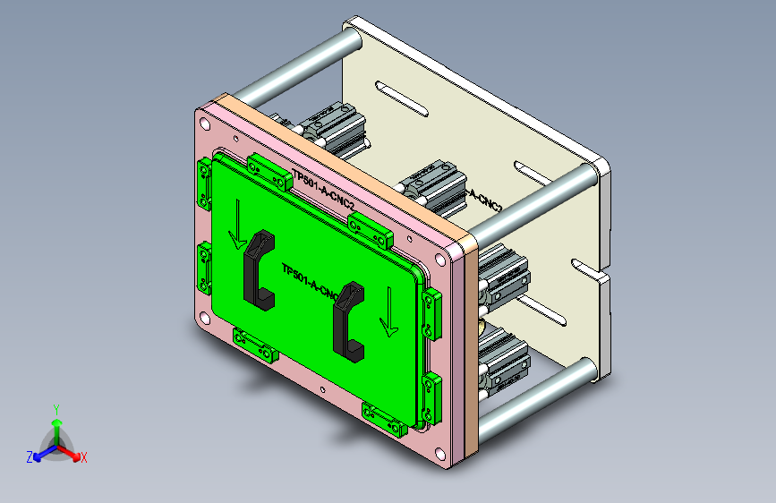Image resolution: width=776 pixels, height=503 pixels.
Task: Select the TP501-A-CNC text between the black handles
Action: pos(309,281)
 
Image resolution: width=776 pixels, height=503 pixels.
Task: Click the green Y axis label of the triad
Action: pos(55,408)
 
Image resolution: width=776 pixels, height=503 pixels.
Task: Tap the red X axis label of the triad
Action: pos(84,458)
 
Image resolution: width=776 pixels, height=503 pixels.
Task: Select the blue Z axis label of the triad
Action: pos(29,457)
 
